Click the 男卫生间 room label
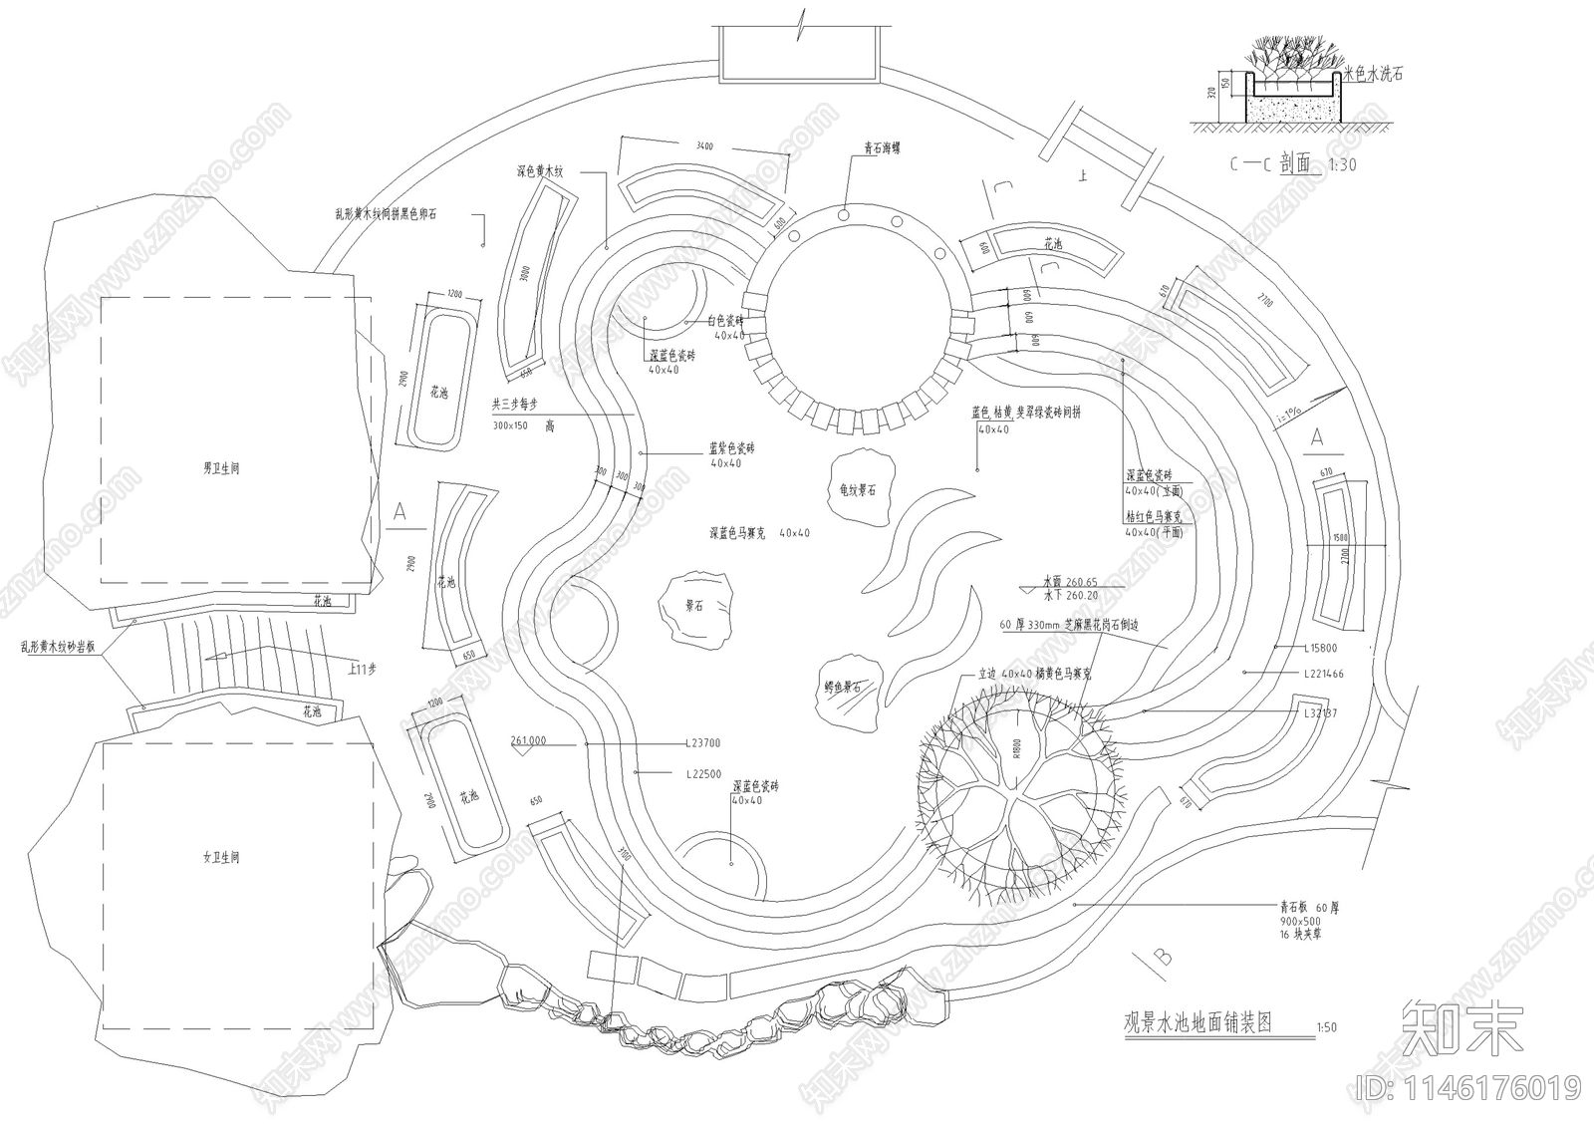pyautogui.click(x=221, y=467)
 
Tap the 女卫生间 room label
pyautogui.click(x=221, y=857)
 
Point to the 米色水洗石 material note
pyautogui.click(x=1374, y=74)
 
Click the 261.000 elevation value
pyautogui.click(x=528, y=741)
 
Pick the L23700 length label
pyautogui.click(x=703, y=743)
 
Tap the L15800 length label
pyautogui.click(x=1321, y=649)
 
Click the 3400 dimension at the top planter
pyautogui.click(x=704, y=147)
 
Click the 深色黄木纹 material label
pyautogui.click(x=540, y=172)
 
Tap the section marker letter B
pyautogui.click(x=1162, y=958)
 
